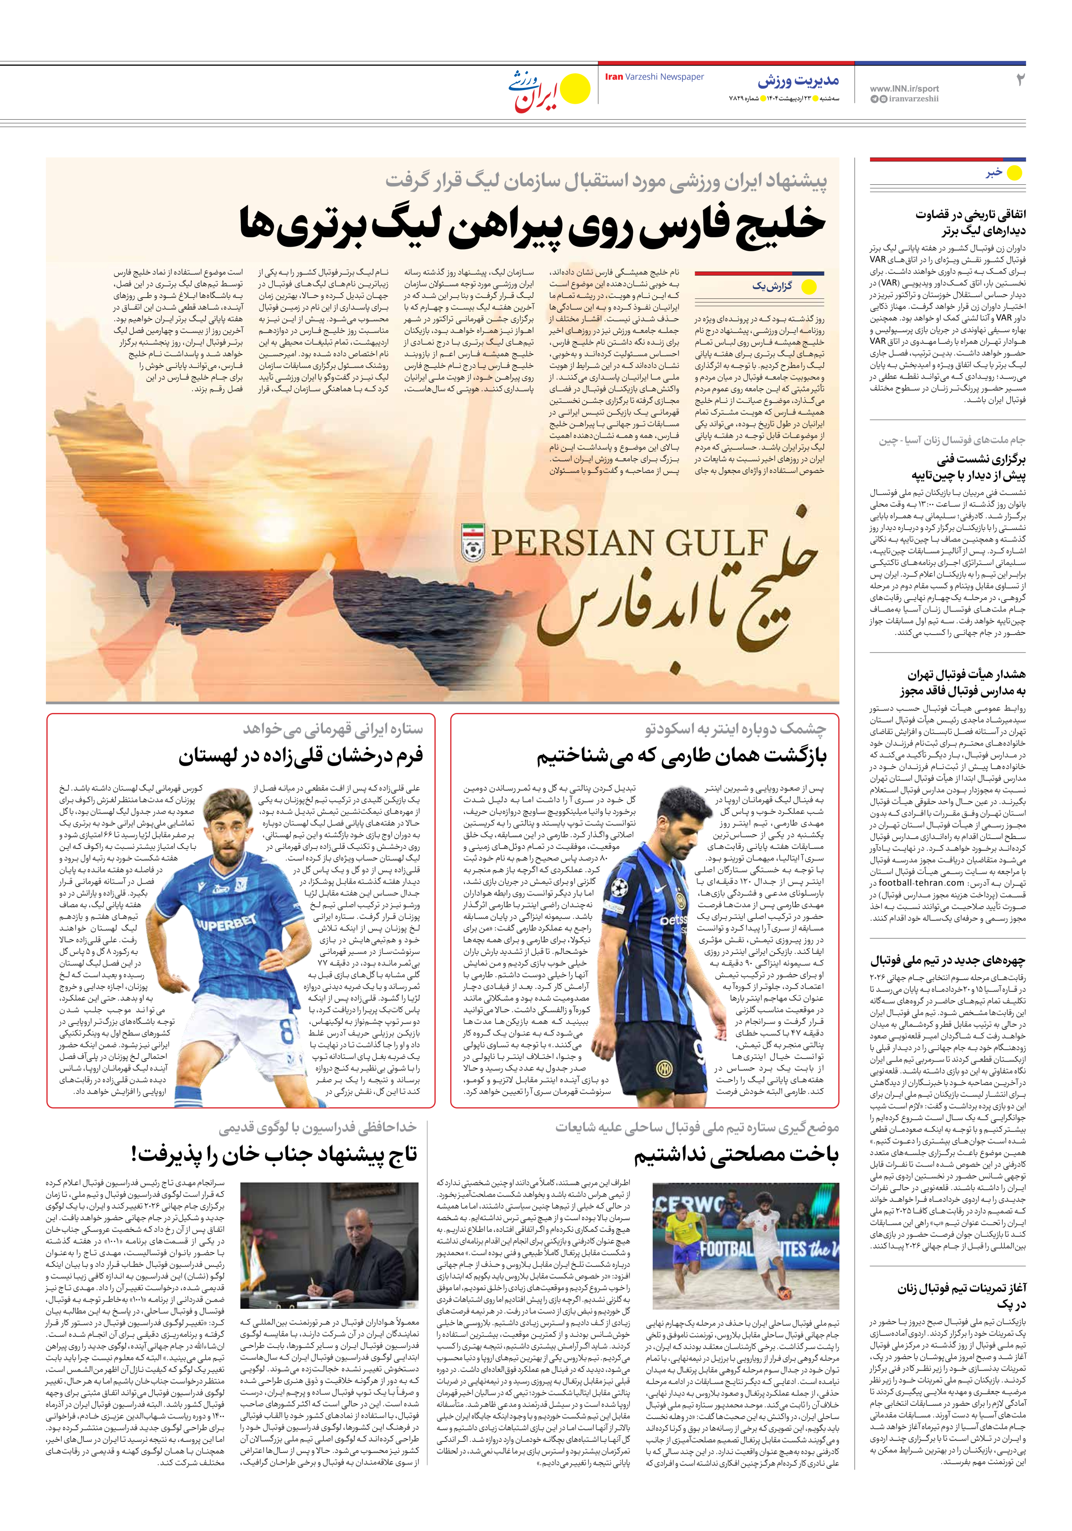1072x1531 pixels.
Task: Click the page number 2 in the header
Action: click(1019, 80)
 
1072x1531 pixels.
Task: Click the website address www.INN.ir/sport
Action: click(904, 88)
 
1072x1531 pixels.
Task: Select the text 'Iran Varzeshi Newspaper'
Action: click(654, 77)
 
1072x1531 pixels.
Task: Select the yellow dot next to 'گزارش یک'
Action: click(809, 287)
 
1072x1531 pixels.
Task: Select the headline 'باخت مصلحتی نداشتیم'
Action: click(736, 1155)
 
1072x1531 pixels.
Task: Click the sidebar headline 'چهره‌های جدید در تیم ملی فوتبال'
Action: click(947, 961)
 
